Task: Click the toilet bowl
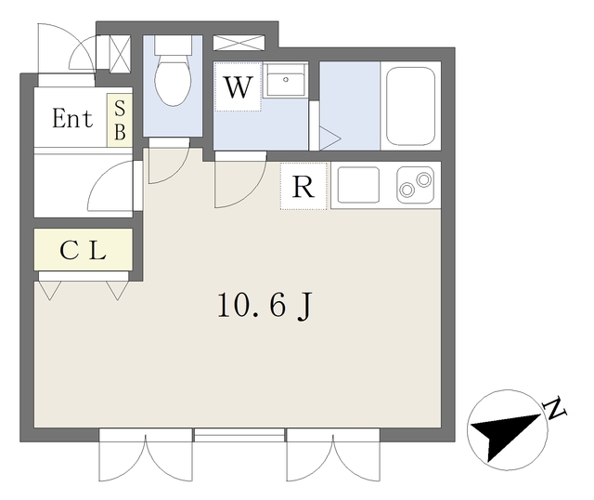coord(173,80)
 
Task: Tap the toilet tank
coord(173,45)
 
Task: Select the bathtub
coord(410,106)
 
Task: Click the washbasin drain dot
coord(286,80)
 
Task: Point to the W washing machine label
coord(239,87)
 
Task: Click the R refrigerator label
coord(303,187)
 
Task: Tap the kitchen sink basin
coord(358,185)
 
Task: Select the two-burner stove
coord(416,185)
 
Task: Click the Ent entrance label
coord(72,118)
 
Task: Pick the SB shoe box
coord(120,120)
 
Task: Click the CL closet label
coord(83,250)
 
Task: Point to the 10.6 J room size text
coord(265,307)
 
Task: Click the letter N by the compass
coord(555,408)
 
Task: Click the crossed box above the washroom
coord(239,43)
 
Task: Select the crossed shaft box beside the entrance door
coord(120,53)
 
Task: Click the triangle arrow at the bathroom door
coord(329,138)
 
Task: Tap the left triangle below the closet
coord(50,290)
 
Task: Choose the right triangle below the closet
coord(118,290)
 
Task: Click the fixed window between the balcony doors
coord(239,435)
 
